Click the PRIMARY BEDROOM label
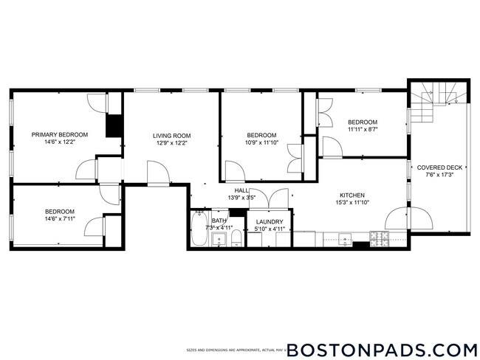59,134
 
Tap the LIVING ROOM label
172,136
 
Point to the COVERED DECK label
439,167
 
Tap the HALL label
232,190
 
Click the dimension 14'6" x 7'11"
59,219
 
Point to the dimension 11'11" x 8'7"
363,130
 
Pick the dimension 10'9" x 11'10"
261,143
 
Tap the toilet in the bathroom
236,237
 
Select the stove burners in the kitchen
379,238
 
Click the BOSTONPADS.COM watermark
381,348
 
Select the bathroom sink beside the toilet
219,238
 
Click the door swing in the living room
157,175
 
